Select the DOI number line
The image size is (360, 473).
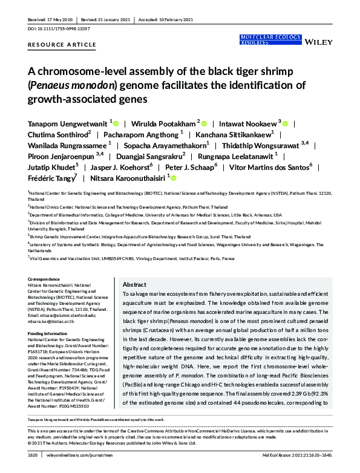(60, 28)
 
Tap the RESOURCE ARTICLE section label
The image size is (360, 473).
(62, 45)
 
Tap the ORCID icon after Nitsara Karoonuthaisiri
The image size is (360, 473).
(174, 178)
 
